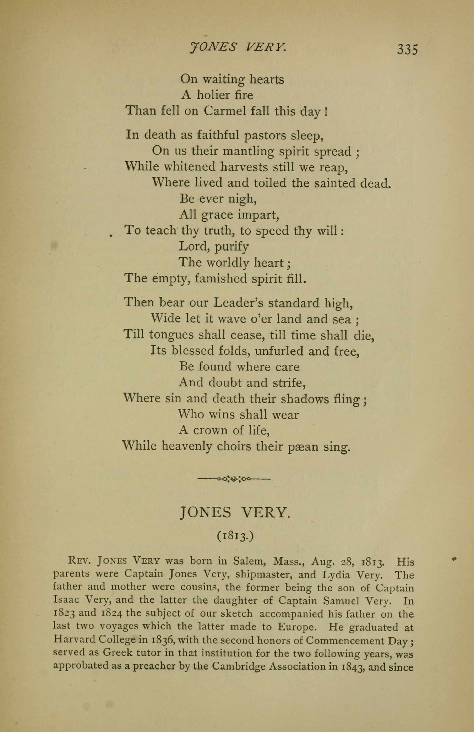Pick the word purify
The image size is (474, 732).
click(x=231, y=247)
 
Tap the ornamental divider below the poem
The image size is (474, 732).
click(x=234, y=479)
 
